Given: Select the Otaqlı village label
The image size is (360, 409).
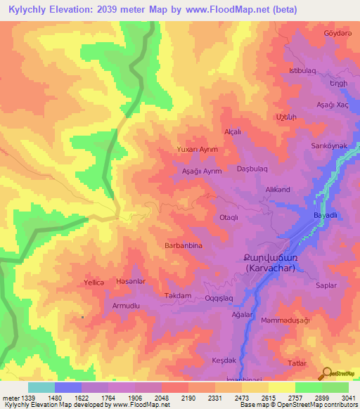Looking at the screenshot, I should click(x=233, y=218).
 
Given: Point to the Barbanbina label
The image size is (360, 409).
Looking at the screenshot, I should click(x=184, y=246).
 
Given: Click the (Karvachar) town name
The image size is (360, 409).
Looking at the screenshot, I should click(x=271, y=268).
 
